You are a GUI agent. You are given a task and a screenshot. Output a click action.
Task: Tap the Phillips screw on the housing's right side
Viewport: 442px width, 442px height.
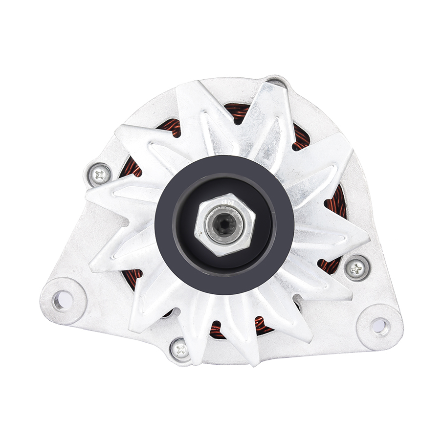click(x=356, y=268)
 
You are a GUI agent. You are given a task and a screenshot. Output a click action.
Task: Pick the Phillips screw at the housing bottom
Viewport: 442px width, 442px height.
click(x=180, y=349)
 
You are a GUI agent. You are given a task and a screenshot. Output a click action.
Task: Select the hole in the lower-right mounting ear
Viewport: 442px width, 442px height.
click(x=380, y=324)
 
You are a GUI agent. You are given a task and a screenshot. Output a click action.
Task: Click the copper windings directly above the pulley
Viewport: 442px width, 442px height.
click(x=238, y=114)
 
